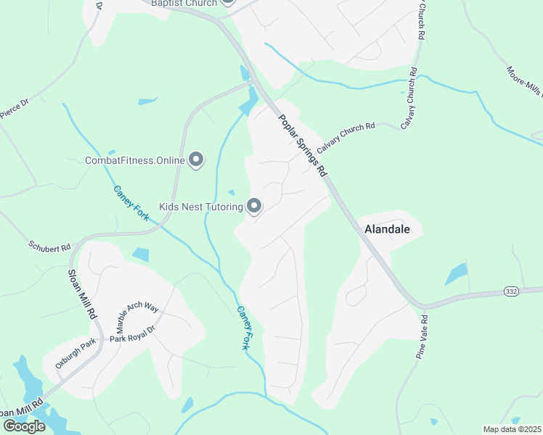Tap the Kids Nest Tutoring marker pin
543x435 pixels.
coord(254,207)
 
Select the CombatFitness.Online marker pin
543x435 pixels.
coord(195,159)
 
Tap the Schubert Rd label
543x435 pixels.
coord(49,246)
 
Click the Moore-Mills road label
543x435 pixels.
coord(525,83)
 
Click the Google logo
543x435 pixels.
coord(23,426)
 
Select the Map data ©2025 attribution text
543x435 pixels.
coord(512,429)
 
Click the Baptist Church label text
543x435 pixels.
coord(184,3)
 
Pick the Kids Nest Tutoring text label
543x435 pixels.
coord(201,207)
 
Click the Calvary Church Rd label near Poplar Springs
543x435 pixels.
coord(346,136)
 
